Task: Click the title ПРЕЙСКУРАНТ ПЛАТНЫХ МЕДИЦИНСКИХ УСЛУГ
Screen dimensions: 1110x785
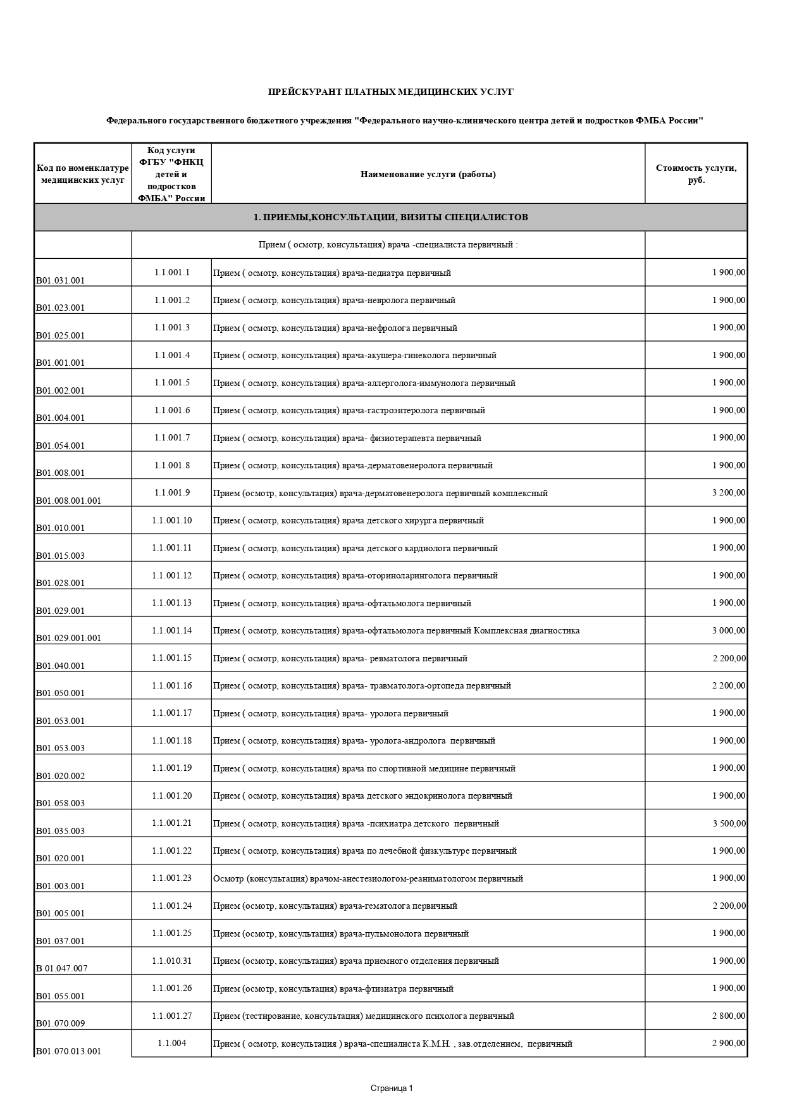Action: [x=390, y=92]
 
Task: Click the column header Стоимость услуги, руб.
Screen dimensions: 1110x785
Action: [x=696, y=174]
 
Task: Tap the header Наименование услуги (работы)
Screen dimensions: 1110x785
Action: [x=428, y=175]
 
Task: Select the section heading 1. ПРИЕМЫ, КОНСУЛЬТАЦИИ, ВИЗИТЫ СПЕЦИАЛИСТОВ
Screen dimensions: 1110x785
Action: [x=390, y=217]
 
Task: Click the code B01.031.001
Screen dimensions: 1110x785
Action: [x=60, y=280]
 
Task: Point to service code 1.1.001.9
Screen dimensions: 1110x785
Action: [x=171, y=493]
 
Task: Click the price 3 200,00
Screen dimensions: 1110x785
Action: [x=729, y=493]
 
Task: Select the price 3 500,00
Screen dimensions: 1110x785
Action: [x=729, y=823]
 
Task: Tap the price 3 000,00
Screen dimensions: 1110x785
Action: [x=729, y=630]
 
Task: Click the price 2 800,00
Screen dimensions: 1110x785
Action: [x=729, y=1016]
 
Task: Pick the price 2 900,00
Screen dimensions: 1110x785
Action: [x=729, y=1044]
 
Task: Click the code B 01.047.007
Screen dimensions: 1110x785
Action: [x=61, y=968]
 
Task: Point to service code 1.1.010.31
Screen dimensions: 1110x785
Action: [x=171, y=961]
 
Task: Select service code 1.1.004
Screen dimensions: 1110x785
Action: [x=171, y=1044]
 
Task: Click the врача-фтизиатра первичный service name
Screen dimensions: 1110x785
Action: [x=333, y=988]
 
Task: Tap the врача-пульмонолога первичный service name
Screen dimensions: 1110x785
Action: [x=341, y=933]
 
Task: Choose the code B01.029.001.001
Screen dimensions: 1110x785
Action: [x=68, y=638]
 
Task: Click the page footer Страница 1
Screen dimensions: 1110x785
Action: [x=392, y=1088]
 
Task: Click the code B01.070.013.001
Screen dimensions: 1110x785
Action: [x=68, y=1052]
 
